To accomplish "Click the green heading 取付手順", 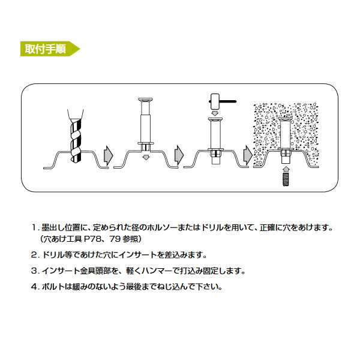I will tap(44, 49).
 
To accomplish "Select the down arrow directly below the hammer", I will tap(215, 112).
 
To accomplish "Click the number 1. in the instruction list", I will tap(34, 228).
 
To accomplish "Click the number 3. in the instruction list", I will tap(34, 270).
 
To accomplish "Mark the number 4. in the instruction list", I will tap(34, 286).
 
